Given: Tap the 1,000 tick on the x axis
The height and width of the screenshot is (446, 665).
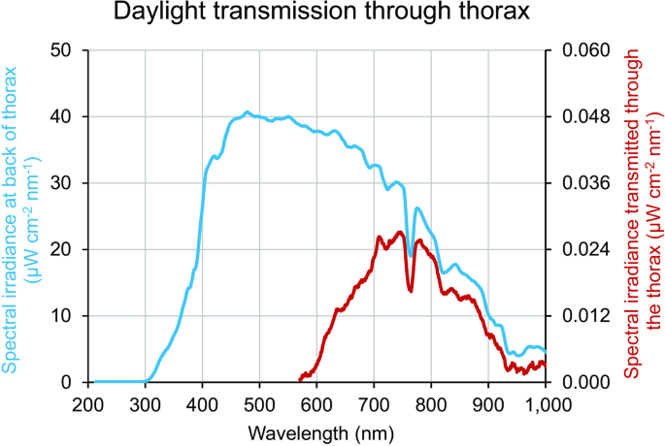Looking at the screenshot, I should coord(546,403).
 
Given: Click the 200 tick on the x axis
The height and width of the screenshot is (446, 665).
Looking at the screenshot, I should coord(88,403).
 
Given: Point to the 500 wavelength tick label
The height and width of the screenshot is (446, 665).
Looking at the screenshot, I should coord(260,403).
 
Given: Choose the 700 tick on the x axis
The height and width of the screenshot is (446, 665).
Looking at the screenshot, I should coord(375,403).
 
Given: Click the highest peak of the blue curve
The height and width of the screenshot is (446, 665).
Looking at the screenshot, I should coord(247,112).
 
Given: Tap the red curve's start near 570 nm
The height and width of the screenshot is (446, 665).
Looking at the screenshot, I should coord(300,380).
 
